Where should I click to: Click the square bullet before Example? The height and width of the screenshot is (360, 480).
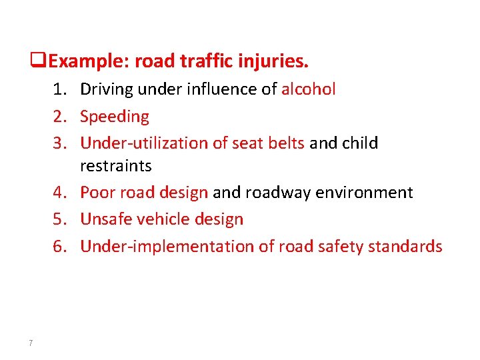(x=43, y=62)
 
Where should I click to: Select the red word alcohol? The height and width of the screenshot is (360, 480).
(x=309, y=89)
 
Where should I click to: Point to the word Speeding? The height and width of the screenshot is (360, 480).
(x=115, y=117)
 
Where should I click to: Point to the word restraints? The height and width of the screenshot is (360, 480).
(x=116, y=165)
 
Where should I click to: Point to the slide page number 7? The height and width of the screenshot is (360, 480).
(x=31, y=343)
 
